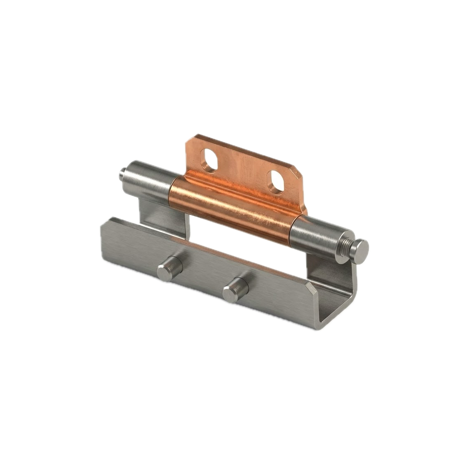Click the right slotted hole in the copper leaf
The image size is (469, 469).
(277, 182)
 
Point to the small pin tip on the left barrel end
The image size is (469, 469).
(122, 174)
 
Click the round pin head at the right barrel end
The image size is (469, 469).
(359, 251)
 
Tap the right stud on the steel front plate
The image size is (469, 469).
(234, 290)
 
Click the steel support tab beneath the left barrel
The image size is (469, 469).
(165, 215)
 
